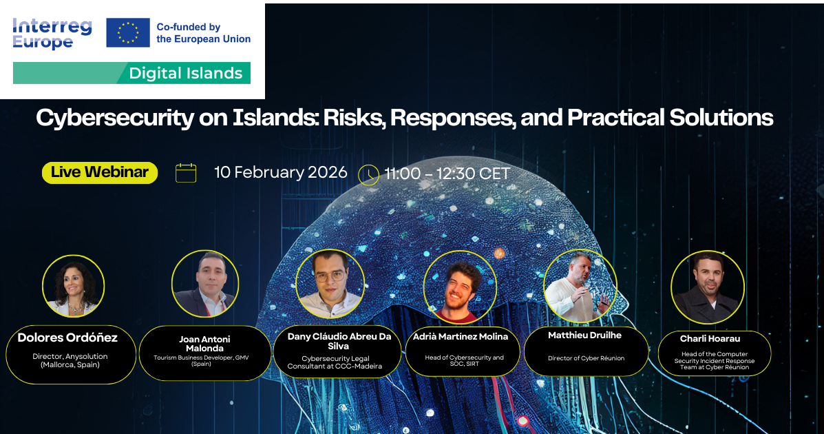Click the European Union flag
[x=128, y=32]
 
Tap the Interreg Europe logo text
[x=52, y=34]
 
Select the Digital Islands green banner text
[x=185, y=73]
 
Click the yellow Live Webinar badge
[x=100, y=172]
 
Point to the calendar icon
[x=185, y=172]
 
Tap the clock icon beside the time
[x=368, y=175]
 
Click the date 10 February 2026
[x=281, y=172]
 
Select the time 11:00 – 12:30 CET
[x=447, y=174]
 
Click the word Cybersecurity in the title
[x=114, y=118]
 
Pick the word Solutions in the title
[x=721, y=117]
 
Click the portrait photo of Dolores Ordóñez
[x=74, y=286]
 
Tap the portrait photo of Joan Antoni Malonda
[x=205, y=284]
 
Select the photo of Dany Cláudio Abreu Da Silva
[x=330, y=284]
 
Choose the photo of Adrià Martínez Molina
[x=460, y=287]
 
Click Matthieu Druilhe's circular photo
[x=580, y=286]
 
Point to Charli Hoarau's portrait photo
[x=708, y=287]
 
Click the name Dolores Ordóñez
[x=67, y=338]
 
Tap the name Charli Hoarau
[x=710, y=339]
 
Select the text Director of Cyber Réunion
[x=586, y=358]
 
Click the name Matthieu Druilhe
[x=585, y=335]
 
